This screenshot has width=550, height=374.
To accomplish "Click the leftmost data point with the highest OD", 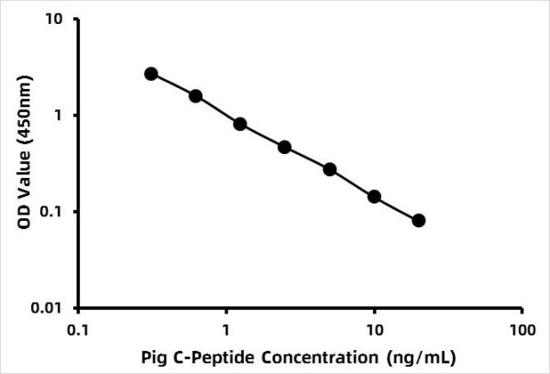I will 151,73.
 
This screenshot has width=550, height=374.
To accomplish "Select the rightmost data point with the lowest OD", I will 419,220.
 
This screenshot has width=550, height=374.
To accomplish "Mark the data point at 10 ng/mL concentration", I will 374,196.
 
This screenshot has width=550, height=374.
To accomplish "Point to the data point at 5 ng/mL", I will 330,170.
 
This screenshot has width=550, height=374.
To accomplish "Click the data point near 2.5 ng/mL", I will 285,147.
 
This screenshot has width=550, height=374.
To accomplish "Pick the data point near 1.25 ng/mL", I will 240,124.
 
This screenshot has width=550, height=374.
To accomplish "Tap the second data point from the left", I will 195,95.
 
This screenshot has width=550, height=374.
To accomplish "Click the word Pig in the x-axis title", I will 157,355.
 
